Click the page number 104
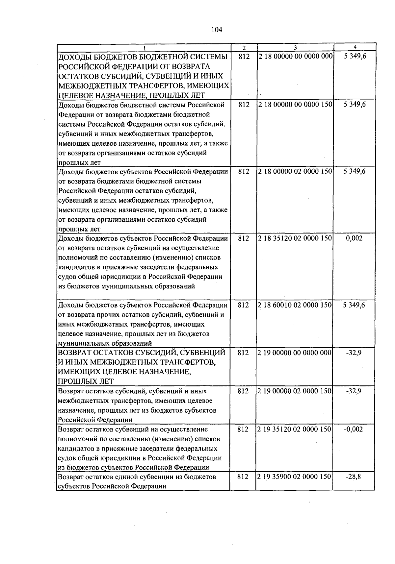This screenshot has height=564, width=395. pyautogui.click(x=217, y=30)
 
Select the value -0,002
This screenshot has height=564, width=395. pyautogui.click(x=354, y=429)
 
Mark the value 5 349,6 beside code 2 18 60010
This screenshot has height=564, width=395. pyautogui.click(x=354, y=305)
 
